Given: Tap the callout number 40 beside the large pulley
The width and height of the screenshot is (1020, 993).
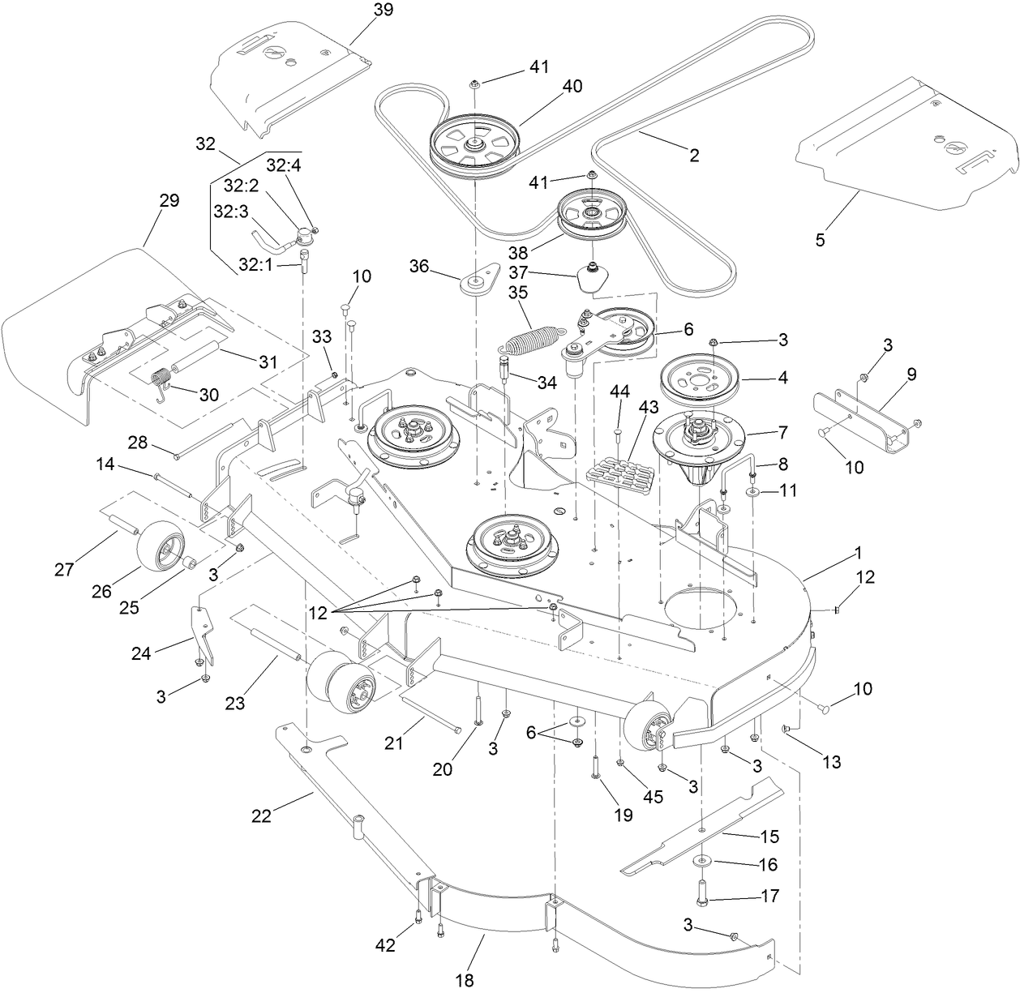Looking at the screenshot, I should tap(572, 86).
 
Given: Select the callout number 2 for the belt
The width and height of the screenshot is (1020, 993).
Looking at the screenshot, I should tap(693, 154).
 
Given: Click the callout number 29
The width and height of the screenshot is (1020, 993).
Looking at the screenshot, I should tap(169, 200).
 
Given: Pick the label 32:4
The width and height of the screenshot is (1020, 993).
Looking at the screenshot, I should tap(282, 165).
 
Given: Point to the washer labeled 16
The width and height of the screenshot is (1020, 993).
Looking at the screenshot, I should tap(699, 861).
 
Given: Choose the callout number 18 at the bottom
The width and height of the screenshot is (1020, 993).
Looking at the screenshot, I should tap(464, 980).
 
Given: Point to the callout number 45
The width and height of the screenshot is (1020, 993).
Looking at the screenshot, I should tap(653, 796).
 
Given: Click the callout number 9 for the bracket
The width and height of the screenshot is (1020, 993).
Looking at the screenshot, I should tap(911, 375).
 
